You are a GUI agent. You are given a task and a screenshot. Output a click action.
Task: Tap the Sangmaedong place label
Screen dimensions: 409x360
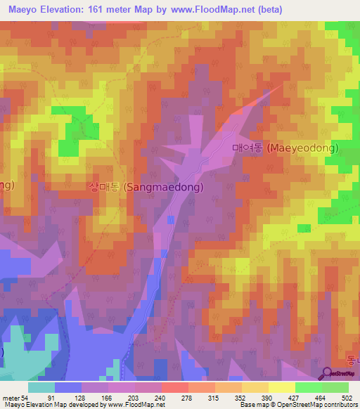[x=146, y=188]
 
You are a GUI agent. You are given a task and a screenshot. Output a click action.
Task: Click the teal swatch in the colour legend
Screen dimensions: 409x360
[x=41, y=388]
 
